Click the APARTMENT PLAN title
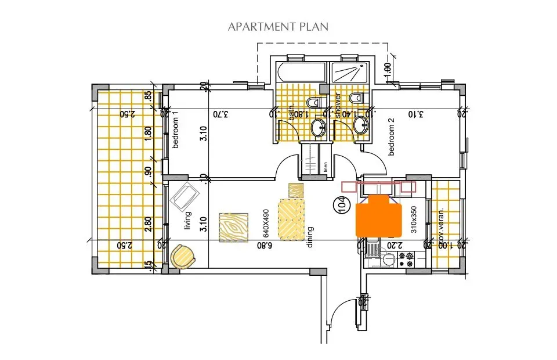[x=278, y=27]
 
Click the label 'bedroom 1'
[x=175, y=132]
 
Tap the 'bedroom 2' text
[x=392, y=136]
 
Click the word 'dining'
[x=310, y=236]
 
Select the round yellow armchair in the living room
[x=182, y=256]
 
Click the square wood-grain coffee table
[x=234, y=227]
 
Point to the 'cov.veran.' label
[x=442, y=225]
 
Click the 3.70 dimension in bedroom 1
[x=219, y=114]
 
